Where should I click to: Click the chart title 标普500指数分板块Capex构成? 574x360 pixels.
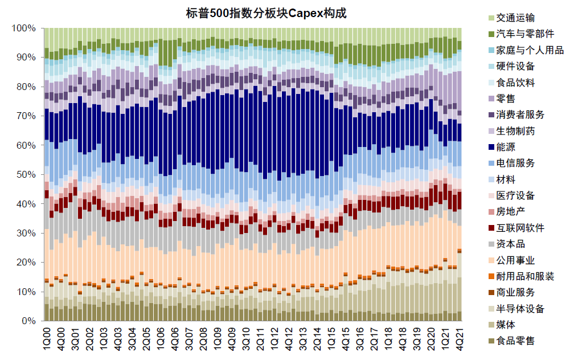tap(266, 13)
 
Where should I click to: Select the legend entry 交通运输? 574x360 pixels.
tap(515, 18)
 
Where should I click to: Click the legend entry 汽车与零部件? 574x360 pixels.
tap(524, 34)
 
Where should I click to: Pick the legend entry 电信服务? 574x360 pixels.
tap(515, 163)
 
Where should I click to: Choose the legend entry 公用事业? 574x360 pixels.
tap(515, 260)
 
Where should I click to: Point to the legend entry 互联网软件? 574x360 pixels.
tap(519, 228)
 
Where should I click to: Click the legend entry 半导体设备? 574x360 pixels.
tap(519, 309)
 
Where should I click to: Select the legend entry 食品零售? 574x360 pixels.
tap(515, 341)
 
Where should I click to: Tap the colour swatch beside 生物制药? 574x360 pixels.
tap(490, 131)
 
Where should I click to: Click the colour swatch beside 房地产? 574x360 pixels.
tap(490, 212)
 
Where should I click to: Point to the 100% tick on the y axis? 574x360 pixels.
tap(24, 28)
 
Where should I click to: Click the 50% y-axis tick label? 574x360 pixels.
tap(27, 174)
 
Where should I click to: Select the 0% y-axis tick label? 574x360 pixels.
tap(29, 321)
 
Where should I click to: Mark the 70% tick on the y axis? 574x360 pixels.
tap(27, 116)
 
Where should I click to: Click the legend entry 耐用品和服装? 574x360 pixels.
tap(524, 276)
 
